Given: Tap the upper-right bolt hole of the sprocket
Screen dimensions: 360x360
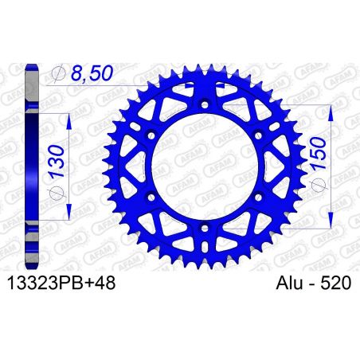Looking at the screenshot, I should tap(259, 136).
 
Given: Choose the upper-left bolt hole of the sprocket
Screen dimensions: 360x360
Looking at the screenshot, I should tap(152, 136).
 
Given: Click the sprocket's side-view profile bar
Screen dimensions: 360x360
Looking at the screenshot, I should tap(32, 167).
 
